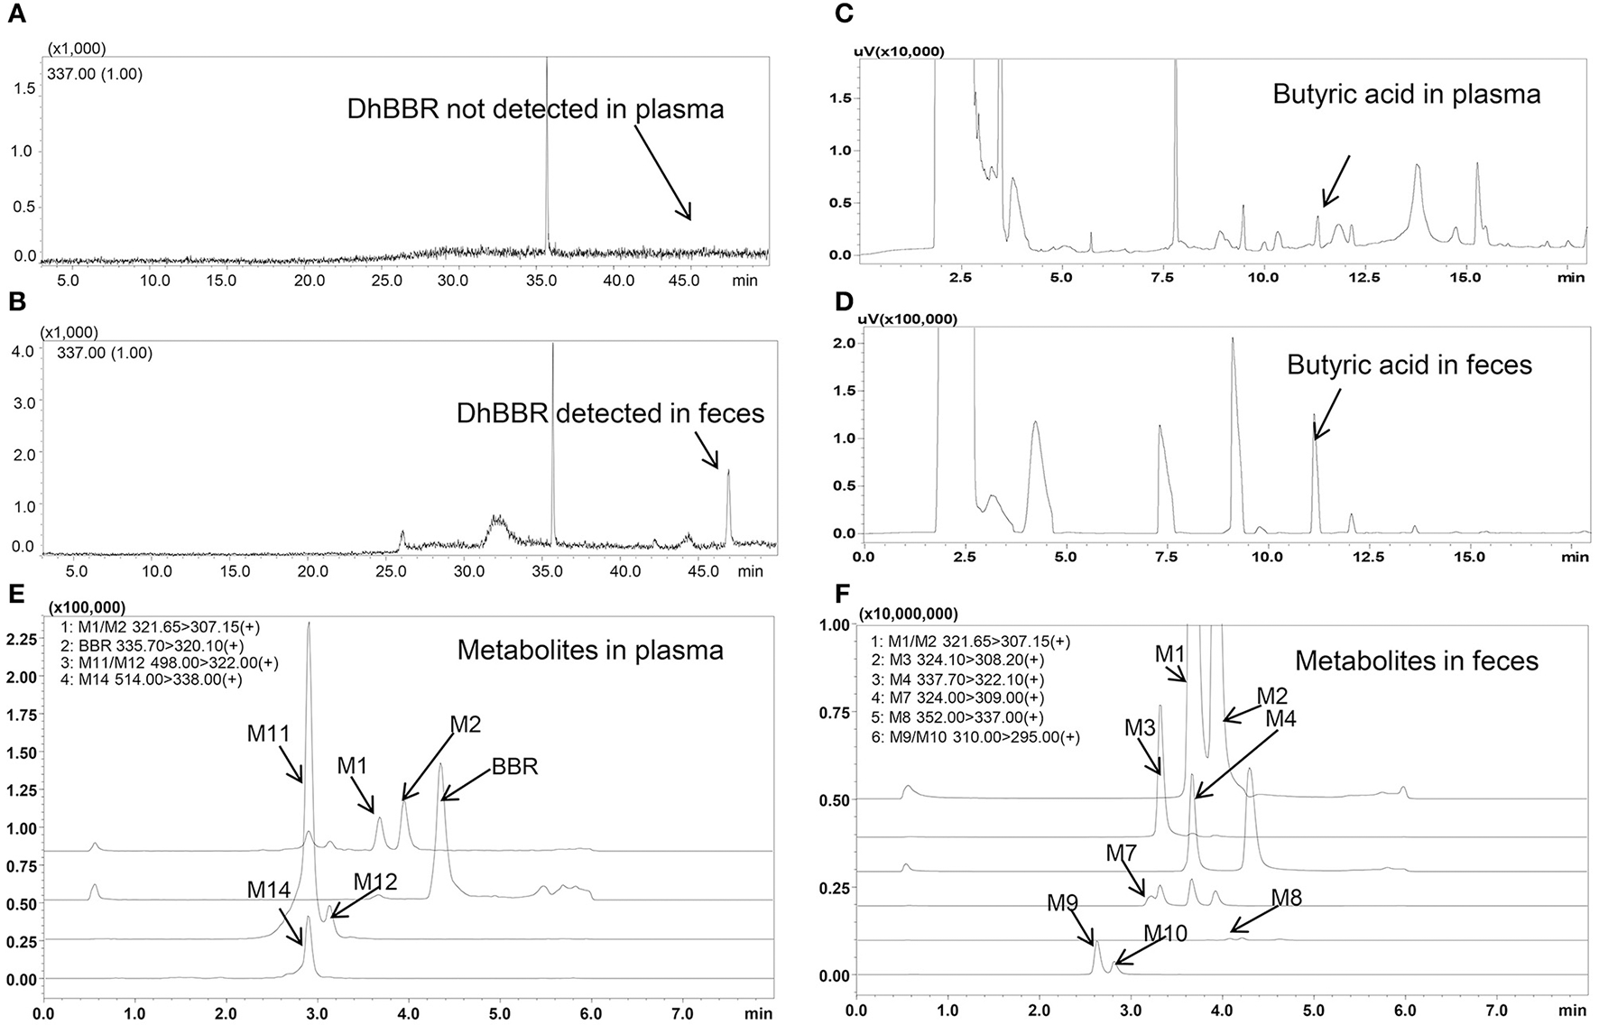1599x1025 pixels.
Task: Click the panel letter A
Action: pos(15,14)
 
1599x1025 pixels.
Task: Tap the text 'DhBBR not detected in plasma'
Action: pos(535,110)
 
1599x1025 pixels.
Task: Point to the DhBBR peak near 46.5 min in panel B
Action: pos(728,472)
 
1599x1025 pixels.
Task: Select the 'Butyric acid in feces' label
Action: pos(1410,365)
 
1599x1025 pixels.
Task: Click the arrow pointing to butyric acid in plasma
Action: pos(1335,180)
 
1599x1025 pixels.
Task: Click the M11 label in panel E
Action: pos(269,734)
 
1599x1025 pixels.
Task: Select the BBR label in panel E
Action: pos(514,767)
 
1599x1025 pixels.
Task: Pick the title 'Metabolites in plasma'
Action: pos(590,650)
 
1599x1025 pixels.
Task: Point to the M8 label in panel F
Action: pos(1286,898)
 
